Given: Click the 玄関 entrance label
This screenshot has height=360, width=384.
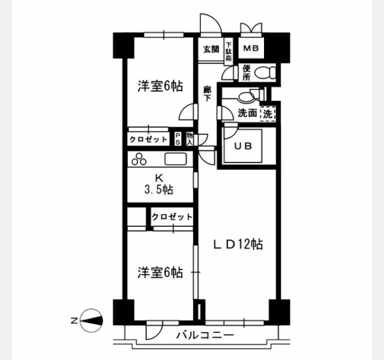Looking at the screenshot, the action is coord(211,49).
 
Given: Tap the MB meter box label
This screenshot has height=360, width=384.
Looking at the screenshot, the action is coord(251,49).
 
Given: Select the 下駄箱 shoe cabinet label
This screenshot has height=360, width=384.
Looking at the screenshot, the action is coord(229,52).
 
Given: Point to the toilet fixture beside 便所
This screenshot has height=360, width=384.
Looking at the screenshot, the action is coord(265,73).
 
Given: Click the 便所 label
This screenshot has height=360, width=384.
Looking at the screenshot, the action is coord(247,73).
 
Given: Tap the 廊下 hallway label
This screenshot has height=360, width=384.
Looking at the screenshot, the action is coord(208,94).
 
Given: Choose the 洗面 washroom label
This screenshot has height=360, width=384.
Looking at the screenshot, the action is coord(248,113).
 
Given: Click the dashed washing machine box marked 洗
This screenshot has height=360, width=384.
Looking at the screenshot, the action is coord(268,114).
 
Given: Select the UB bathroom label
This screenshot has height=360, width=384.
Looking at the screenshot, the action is coord(243,146).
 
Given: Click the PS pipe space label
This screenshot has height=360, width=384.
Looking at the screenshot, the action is coord(178,139).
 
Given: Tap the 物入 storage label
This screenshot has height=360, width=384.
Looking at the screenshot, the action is coord(189,139).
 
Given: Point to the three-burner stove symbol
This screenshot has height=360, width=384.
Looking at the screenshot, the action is coord(139,158).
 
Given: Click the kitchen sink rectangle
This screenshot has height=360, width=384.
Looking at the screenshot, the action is coord(176,159).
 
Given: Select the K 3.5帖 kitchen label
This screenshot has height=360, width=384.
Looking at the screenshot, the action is coord(158,184).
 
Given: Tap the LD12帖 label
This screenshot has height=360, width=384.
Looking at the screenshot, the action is coord(239,244).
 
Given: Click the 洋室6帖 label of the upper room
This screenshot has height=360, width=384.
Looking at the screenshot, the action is coord(160,86).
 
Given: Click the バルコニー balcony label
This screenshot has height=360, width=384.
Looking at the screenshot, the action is coord(205,335).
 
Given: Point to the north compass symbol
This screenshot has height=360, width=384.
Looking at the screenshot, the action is coord(91,320).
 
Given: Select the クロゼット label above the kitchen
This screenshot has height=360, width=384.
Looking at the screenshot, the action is coord(148,140).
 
